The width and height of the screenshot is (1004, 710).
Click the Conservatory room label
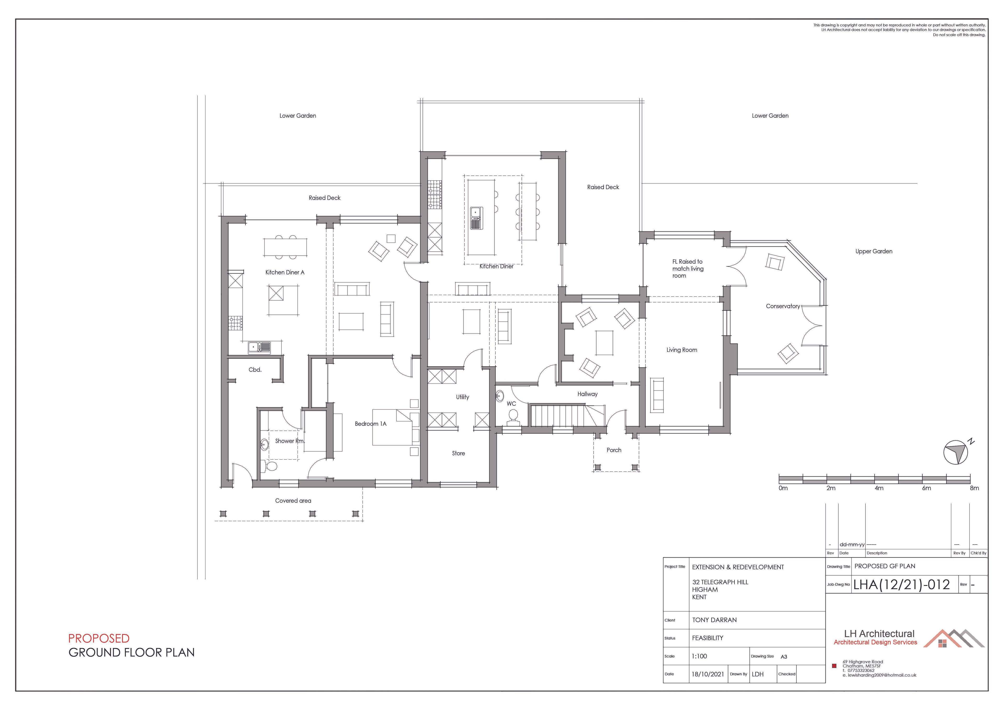(783, 306)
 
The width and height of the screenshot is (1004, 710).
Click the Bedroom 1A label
(370, 424)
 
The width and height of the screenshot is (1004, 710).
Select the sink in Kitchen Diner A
(259, 348)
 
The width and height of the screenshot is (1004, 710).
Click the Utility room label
(462, 397)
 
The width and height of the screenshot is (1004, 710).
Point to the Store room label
(458, 453)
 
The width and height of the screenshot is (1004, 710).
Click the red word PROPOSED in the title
(99, 638)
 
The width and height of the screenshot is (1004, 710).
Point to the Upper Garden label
(874, 251)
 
